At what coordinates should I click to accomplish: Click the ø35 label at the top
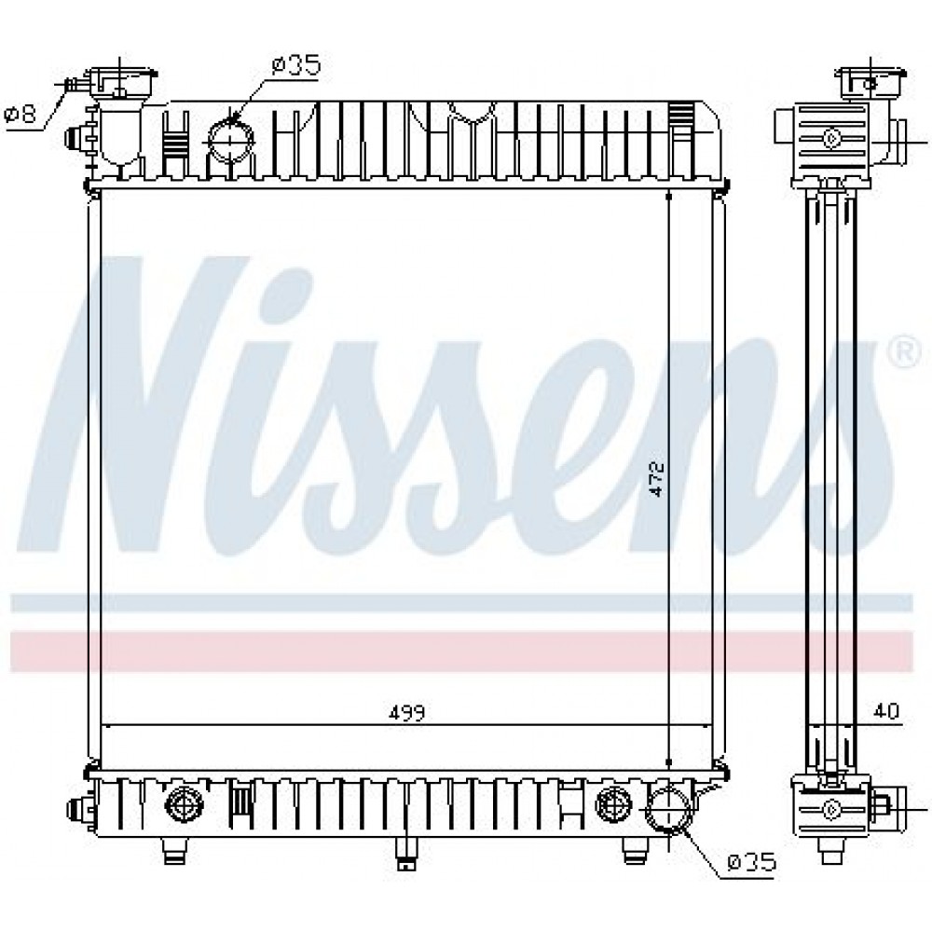coord(296,65)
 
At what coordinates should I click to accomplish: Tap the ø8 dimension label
coord(21,113)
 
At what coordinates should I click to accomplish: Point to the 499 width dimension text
coord(407,713)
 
